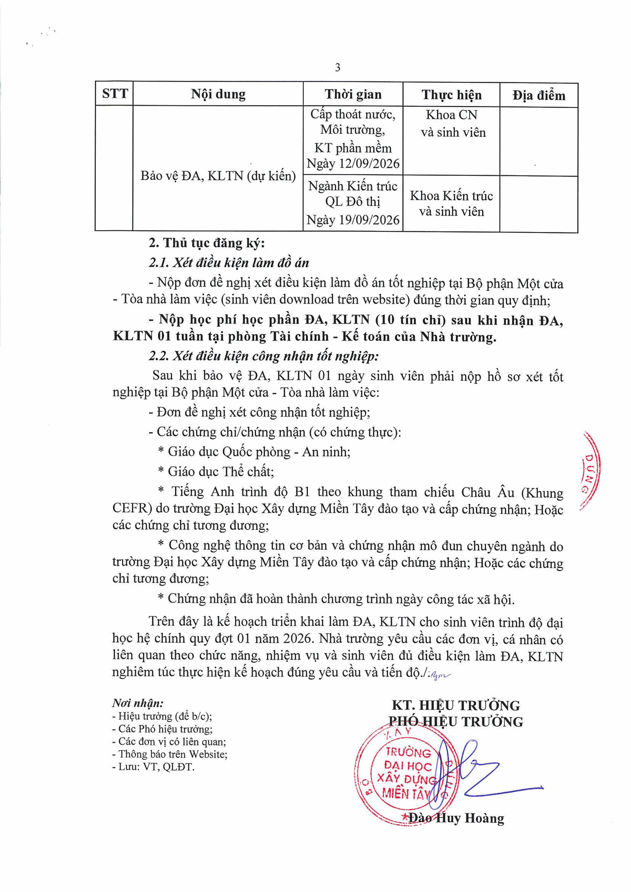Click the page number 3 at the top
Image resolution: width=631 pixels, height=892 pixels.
click(337, 68)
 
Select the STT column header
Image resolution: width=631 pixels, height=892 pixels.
click(115, 94)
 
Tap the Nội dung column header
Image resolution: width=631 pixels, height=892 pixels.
click(218, 95)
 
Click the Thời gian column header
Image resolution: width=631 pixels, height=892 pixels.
click(353, 95)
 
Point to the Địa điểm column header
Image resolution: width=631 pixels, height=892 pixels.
click(539, 96)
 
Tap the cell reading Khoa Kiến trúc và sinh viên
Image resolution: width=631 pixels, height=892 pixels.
click(451, 204)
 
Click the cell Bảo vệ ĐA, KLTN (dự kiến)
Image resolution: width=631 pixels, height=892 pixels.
click(218, 176)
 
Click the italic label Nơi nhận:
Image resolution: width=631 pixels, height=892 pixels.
click(138, 703)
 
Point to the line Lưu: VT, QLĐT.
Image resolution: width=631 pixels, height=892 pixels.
click(156, 767)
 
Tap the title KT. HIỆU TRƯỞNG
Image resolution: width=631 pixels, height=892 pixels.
click(456, 705)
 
